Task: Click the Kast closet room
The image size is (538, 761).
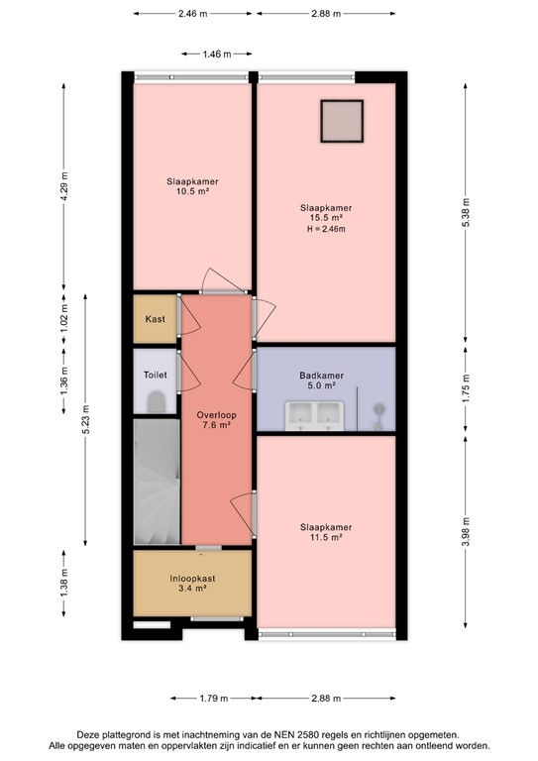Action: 155,319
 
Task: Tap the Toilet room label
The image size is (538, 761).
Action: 155,376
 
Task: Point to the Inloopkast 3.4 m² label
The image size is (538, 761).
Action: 192,583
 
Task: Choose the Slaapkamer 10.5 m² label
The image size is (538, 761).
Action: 192,187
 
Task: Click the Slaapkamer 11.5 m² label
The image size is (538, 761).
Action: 326,532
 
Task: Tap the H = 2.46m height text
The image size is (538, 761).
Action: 326,229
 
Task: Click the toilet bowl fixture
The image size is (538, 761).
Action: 155,402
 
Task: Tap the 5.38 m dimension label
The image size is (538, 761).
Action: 465,213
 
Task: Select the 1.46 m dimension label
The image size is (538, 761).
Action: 216,54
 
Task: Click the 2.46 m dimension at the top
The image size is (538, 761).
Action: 192,14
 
